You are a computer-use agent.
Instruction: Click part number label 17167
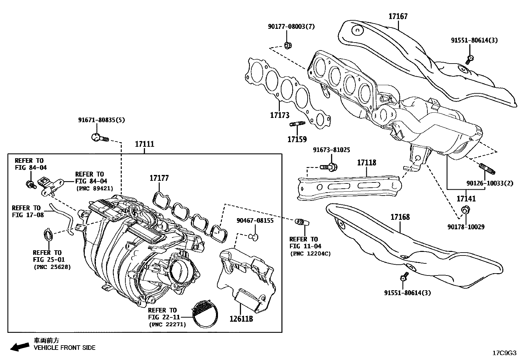(398, 16)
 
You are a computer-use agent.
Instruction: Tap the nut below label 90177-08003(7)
(288, 45)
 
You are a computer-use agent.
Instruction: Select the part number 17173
(280, 115)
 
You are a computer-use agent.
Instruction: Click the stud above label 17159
(297, 124)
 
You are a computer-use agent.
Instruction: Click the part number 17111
(144, 144)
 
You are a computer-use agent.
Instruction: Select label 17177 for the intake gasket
(159, 178)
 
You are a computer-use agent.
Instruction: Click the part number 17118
(367, 162)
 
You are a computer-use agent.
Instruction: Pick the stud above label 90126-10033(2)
(487, 168)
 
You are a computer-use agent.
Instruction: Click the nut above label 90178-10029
(465, 210)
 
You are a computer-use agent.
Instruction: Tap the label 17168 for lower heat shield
(400, 217)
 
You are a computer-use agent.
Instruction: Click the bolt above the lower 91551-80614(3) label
(404, 277)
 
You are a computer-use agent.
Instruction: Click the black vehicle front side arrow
(19, 347)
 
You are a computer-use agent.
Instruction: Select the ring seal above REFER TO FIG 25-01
(48, 235)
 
